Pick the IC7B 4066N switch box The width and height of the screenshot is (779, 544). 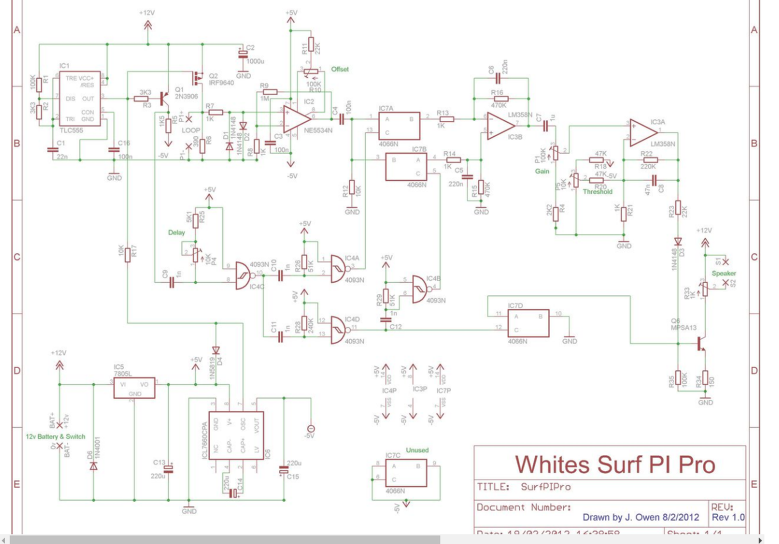point(406,166)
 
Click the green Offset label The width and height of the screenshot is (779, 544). point(340,69)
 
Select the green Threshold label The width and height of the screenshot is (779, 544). point(597,192)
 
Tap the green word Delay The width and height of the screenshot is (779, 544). point(177,233)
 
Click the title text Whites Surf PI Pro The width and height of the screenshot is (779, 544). point(615,464)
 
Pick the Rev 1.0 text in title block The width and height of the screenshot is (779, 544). point(728,517)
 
